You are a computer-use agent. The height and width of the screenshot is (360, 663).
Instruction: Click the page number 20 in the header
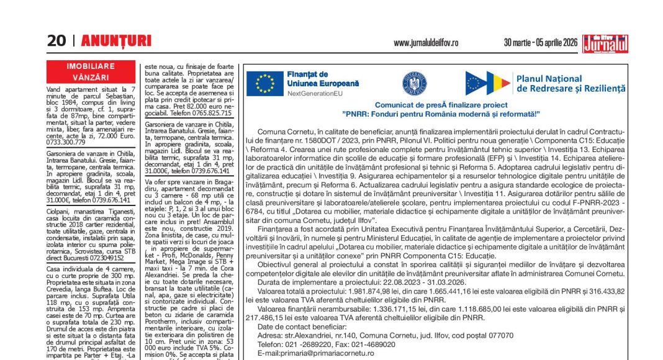(56, 41)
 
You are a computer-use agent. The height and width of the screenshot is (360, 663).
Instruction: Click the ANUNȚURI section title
(116, 41)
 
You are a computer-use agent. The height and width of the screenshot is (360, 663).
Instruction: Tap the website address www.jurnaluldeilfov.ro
(426, 43)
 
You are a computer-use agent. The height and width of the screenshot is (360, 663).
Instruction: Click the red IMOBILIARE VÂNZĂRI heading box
(91, 72)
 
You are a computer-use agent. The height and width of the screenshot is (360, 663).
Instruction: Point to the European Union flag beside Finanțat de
(265, 83)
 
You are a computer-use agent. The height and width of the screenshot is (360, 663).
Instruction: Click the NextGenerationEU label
(315, 93)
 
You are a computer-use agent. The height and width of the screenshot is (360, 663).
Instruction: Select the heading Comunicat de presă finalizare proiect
(441, 106)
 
